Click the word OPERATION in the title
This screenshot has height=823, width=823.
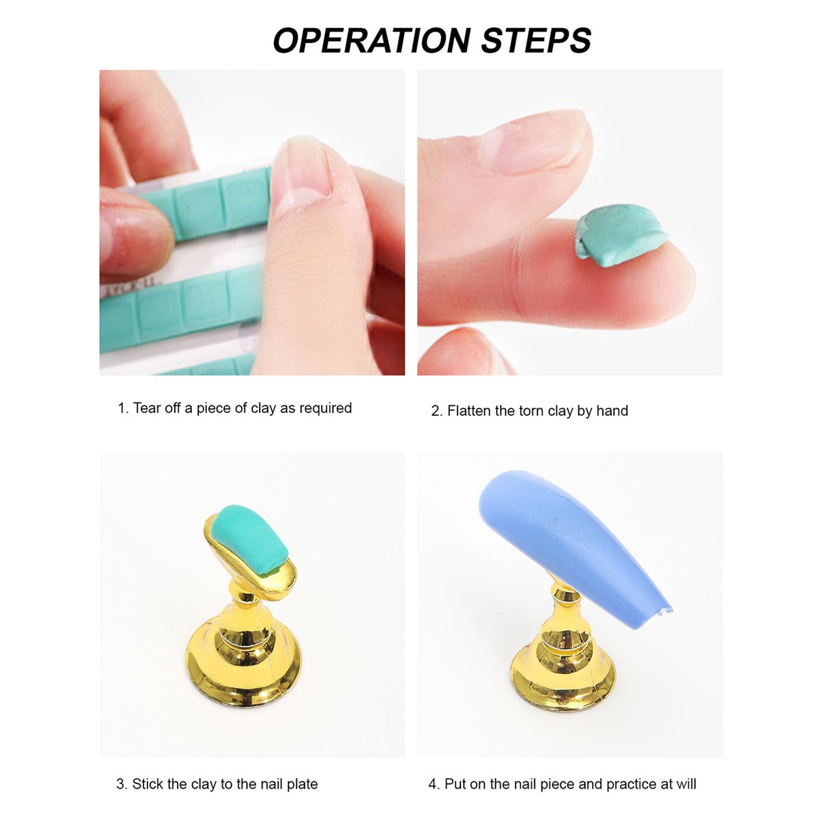coord(372,40)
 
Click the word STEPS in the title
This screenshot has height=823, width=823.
coord(536,40)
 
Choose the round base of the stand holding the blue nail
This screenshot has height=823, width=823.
coord(563,684)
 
